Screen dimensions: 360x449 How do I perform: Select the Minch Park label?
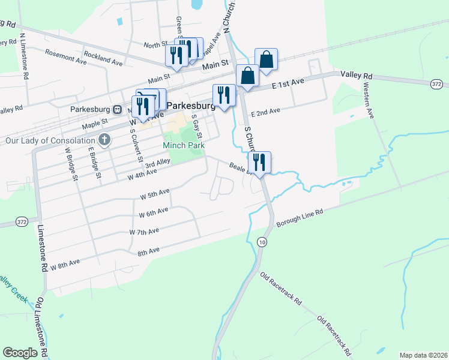tap(184, 145)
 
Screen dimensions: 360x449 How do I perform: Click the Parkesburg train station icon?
tap(119, 110)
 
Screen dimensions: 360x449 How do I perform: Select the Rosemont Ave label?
tap(66, 56)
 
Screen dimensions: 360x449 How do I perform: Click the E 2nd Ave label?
tap(266, 112)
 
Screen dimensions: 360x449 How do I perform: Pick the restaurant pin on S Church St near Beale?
tap(260, 162)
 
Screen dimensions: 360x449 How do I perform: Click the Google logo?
tap(20, 353)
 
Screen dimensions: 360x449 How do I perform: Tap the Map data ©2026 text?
tap(423, 355)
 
